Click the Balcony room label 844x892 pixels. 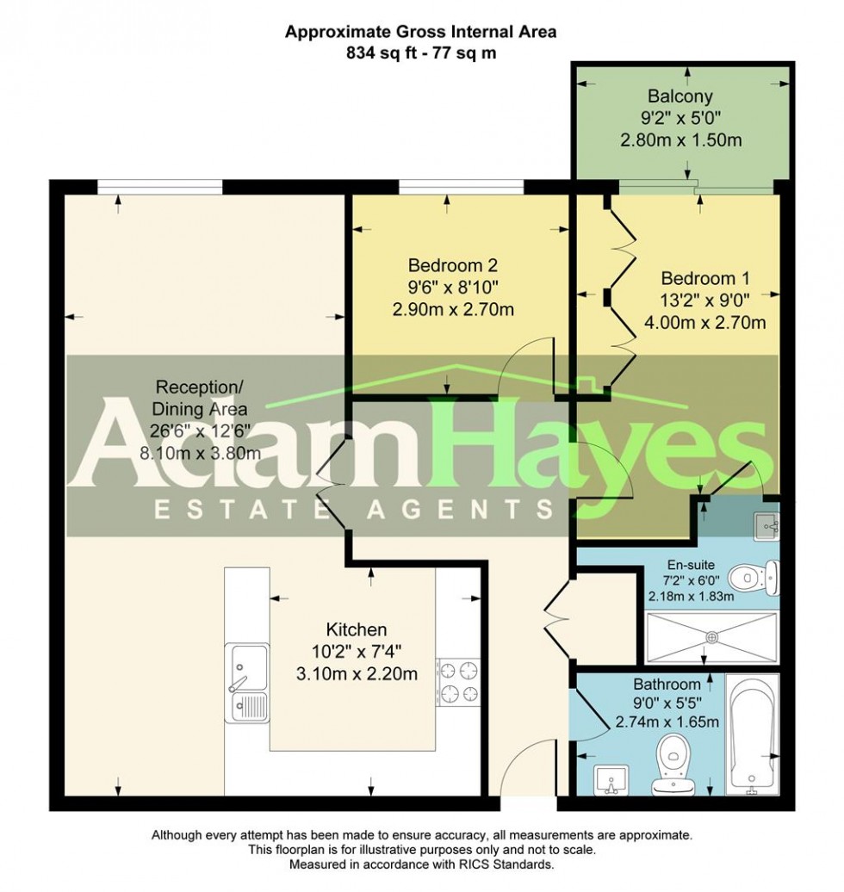click(x=680, y=96)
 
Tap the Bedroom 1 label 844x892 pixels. click(x=704, y=279)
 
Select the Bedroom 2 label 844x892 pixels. click(x=453, y=266)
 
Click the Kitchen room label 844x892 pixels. click(x=356, y=629)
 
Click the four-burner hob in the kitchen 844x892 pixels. click(x=459, y=681)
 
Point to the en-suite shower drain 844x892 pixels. click(x=712, y=636)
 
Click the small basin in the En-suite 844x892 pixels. click(x=766, y=522)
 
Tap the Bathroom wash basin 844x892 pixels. click(x=612, y=779)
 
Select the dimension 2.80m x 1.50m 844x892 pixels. click(x=680, y=139)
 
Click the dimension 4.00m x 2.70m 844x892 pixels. click(x=704, y=323)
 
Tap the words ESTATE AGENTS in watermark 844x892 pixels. click(x=353, y=511)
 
